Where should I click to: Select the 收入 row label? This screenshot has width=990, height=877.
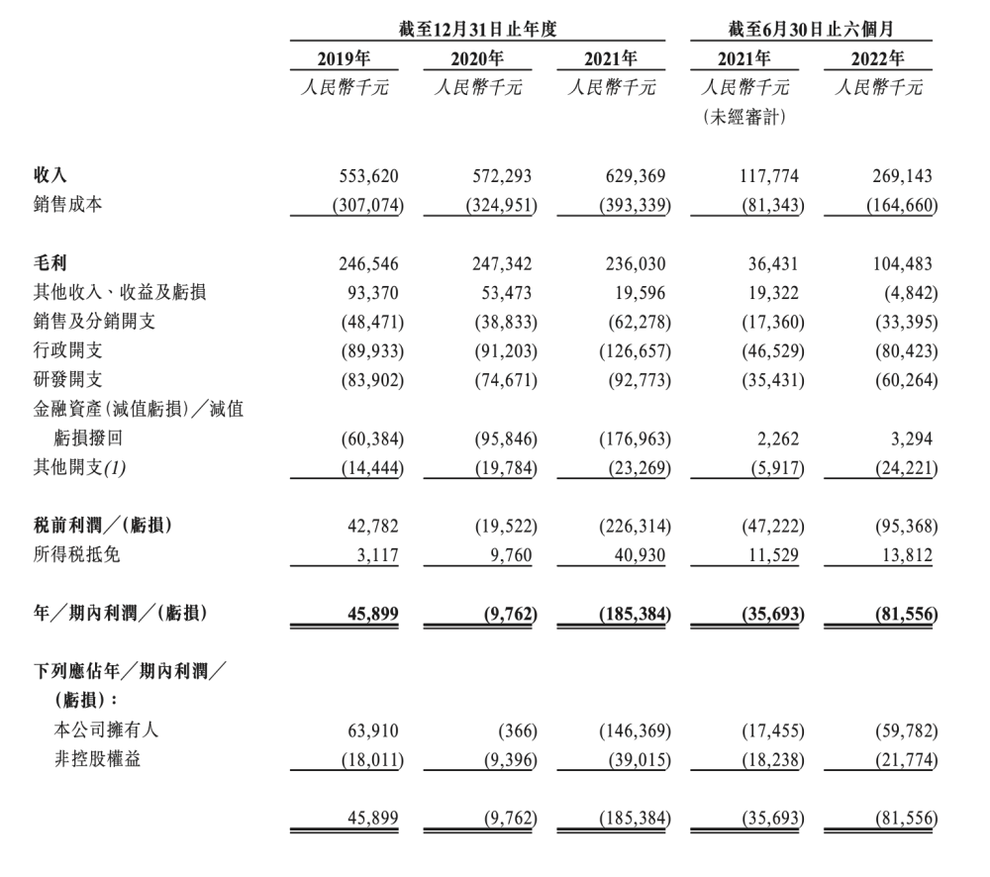(50, 177)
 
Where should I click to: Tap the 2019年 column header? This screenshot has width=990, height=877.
(345, 58)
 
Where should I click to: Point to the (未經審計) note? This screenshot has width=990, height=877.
(744, 119)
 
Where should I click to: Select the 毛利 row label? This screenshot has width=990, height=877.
(50, 265)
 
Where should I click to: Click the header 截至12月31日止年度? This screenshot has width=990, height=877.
(478, 30)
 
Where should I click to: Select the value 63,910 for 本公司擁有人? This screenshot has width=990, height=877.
(372, 731)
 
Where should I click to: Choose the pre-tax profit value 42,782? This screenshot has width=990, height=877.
(372, 528)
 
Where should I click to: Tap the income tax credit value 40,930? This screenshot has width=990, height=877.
(640, 556)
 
